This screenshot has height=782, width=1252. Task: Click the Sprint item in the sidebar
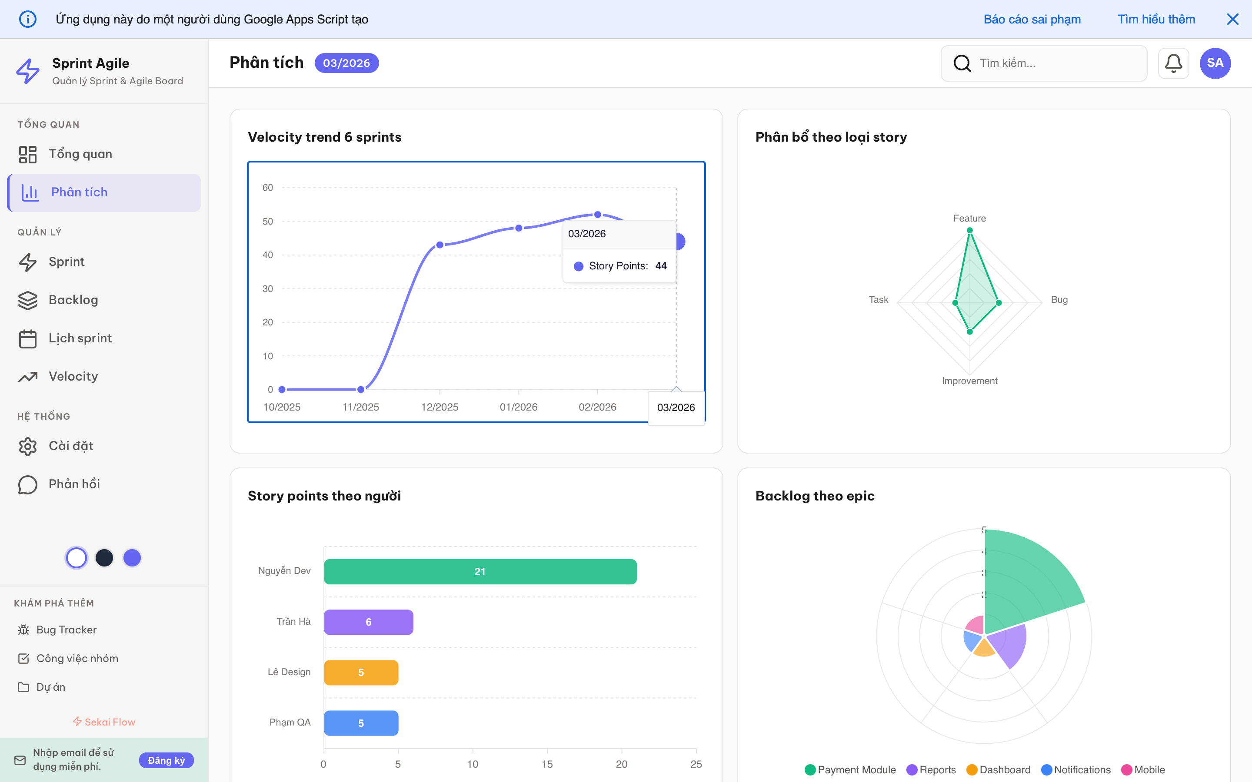click(x=66, y=262)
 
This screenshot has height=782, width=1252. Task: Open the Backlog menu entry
click(x=73, y=300)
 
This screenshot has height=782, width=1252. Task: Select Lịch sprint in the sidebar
click(x=80, y=338)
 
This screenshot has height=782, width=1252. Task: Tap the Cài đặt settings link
click(x=70, y=446)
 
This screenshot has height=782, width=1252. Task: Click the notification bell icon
click(x=1173, y=63)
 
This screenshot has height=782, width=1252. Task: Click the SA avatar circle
click(x=1215, y=63)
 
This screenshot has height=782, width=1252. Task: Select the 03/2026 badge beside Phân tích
click(x=346, y=63)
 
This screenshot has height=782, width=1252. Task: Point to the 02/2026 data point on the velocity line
click(x=598, y=215)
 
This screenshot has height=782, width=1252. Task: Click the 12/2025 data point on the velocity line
click(x=440, y=245)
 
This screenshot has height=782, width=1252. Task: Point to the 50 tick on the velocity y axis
click(x=267, y=222)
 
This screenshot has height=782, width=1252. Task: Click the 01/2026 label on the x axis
click(x=518, y=407)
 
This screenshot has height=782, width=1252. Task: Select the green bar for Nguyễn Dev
click(x=479, y=571)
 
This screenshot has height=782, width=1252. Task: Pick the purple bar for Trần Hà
click(x=368, y=622)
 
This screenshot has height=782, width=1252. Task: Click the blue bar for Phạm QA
click(x=360, y=723)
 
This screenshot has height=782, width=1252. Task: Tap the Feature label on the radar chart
click(x=969, y=218)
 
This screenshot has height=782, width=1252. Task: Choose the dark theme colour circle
click(x=104, y=557)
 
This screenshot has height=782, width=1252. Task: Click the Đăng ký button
click(x=166, y=760)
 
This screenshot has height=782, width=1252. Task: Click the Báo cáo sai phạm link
click(x=1032, y=19)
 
